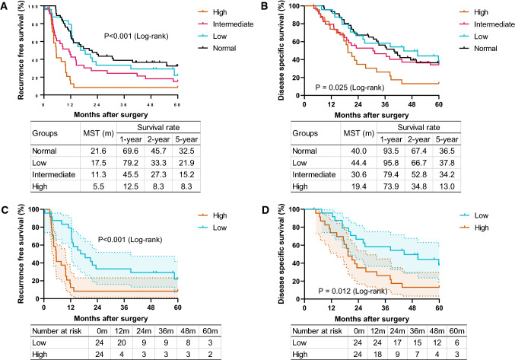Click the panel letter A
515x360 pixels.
coord(5,6)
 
